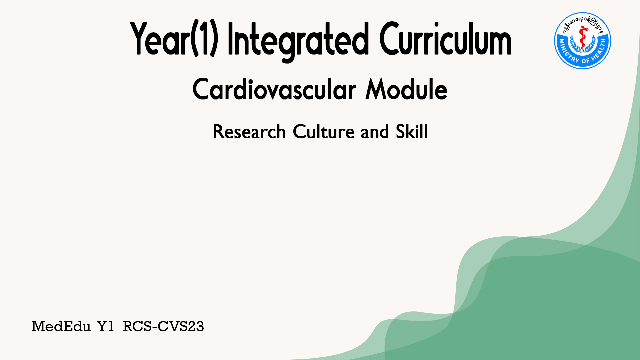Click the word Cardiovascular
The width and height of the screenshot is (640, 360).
[274, 89]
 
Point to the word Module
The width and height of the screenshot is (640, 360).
[406, 89]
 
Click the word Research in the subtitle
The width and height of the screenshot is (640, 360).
[249, 132]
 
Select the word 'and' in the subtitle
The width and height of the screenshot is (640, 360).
[375, 132]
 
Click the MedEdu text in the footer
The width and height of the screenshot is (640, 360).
[61, 326]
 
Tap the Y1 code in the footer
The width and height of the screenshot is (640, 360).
[106, 326]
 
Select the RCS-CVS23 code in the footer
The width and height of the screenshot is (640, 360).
[163, 326]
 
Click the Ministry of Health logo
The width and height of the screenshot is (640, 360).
[583, 41]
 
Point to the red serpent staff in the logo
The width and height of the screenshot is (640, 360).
[583, 39]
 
